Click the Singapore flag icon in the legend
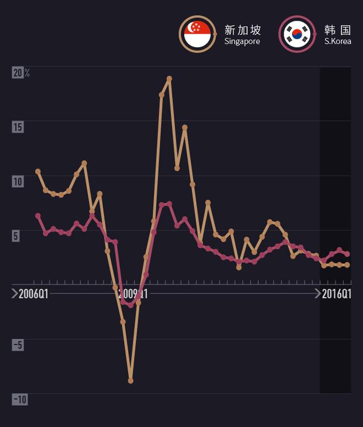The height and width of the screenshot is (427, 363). coord(197,34)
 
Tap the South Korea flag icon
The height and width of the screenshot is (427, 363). coord(296,34)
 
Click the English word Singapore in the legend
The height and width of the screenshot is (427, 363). coord(242,41)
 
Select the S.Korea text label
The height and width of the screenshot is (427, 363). coord(337,41)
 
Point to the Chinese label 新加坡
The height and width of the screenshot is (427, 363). coord(243,30)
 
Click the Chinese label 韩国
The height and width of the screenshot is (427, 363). coord(338,30)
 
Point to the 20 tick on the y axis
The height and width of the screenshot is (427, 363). coord(18,73)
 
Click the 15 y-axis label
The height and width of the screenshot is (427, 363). coord(18,127)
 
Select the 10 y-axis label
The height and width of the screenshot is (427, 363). coord(18,181)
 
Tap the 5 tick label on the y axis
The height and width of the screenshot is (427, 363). coord(16,236)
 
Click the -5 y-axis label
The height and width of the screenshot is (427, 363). coord(18,345)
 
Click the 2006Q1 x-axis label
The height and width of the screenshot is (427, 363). coord(33,294)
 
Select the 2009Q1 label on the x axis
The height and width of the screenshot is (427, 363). coord(134,294)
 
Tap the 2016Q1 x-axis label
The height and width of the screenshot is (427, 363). coord(336,294)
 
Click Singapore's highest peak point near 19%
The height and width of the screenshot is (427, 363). coord(169,78)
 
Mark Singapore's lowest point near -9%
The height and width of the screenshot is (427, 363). coord(130,381)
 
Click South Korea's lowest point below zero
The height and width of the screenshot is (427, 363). coord(130,305)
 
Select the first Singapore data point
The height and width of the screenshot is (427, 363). coord(38,171)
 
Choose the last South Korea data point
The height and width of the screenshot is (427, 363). coord(347,254)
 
